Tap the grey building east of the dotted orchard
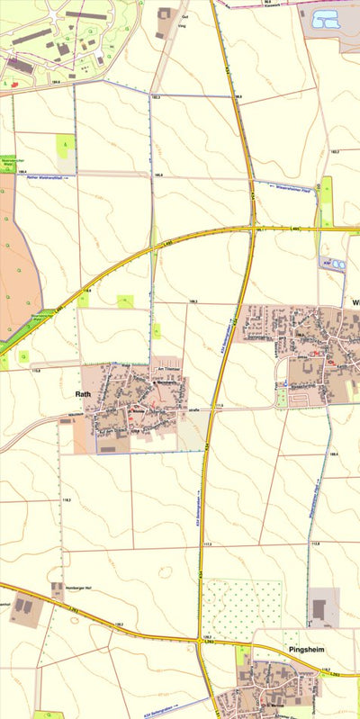pos(320,608)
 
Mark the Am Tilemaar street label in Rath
pos(170,370)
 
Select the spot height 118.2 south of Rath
pos(67,499)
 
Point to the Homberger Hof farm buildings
pos(58,592)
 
